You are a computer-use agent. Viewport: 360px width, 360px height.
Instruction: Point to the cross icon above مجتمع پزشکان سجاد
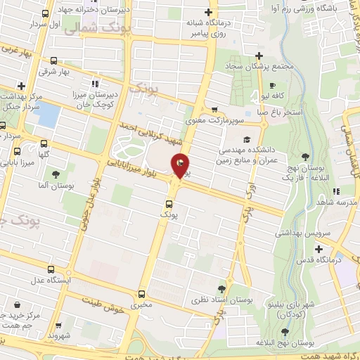259,56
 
